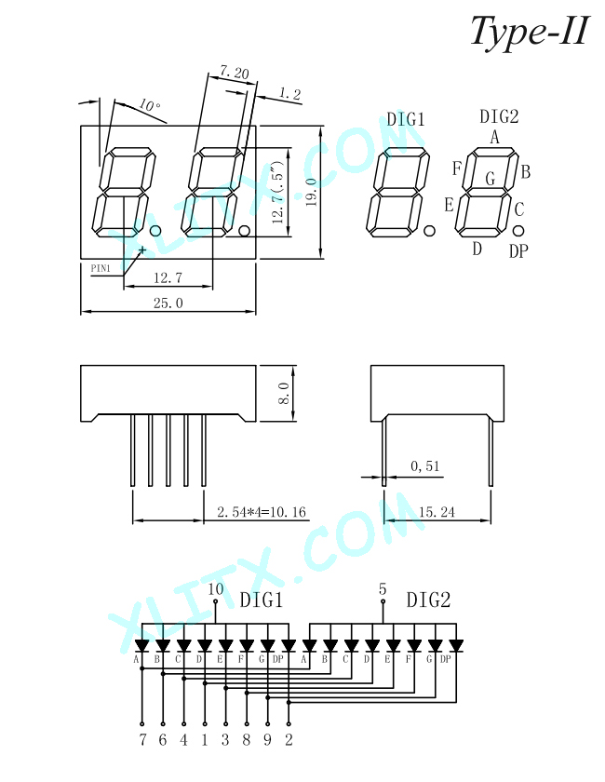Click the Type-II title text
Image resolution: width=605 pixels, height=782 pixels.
(x=531, y=32)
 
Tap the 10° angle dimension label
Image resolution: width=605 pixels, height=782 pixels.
(x=150, y=105)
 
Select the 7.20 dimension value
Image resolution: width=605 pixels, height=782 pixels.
(x=234, y=73)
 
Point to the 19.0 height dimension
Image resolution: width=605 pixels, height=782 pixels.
(x=311, y=192)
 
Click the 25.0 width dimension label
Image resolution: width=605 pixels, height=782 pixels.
(x=168, y=303)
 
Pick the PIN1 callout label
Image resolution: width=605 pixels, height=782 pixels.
(x=101, y=268)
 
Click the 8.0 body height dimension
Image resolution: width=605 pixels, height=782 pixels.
(x=284, y=394)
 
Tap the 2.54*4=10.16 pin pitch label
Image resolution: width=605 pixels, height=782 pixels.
(x=262, y=512)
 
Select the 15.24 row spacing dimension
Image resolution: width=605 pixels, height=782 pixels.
(x=437, y=512)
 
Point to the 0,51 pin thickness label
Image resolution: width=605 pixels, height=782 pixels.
(x=425, y=466)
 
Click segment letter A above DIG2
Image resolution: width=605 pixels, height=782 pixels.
(x=494, y=137)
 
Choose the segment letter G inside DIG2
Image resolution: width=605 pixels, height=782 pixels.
(x=491, y=178)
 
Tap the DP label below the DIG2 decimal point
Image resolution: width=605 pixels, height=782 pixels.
(x=518, y=250)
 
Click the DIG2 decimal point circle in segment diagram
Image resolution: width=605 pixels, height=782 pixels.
(x=518, y=231)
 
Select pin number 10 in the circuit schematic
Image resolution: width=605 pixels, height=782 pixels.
(x=215, y=589)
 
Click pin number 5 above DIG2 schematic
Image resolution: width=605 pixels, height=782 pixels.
(x=383, y=589)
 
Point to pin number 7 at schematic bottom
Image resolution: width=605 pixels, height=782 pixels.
(x=142, y=739)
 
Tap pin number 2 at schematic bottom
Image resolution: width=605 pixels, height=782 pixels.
(x=289, y=739)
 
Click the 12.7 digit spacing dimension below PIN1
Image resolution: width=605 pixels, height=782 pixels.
(x=168, y=277)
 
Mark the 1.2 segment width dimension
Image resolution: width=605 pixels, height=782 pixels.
(x=289, y=93)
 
